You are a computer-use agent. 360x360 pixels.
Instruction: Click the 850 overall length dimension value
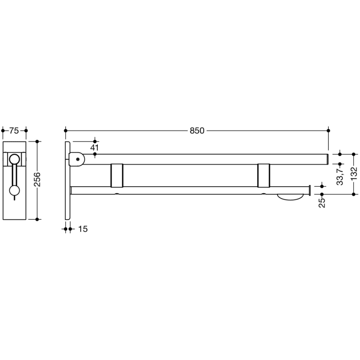[197, 131]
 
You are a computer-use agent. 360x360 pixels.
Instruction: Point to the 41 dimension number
[94, 148]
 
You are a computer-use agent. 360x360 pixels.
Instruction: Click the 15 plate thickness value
[83, 229]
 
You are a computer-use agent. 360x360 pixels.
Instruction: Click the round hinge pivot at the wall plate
[78, 159]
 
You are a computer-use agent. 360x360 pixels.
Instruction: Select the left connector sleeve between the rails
[117, 175]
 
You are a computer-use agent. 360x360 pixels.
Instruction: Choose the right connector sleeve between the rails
[264, 175]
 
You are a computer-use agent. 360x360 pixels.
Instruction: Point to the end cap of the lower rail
[308, 190]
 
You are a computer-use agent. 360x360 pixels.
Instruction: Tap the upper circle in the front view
[15, 159]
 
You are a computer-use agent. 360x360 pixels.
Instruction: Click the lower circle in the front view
[15, 191]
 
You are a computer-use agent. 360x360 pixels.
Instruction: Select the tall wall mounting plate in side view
[67, 180]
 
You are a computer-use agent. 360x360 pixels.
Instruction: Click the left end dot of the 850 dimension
[66, 131]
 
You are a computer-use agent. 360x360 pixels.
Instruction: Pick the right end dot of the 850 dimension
[329, 131]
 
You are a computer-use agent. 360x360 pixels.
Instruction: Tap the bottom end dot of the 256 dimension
[38, 219]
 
